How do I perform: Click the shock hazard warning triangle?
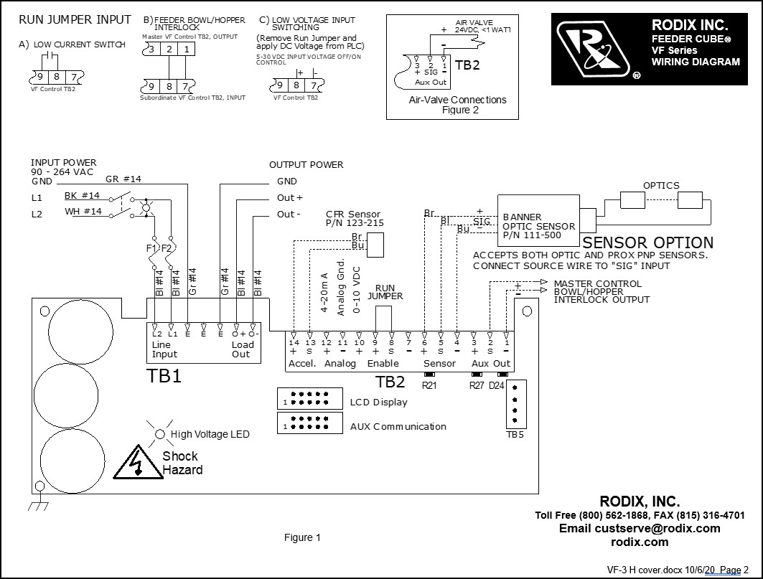[x=139, y=462]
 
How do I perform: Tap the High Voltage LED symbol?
[x=159, y=434]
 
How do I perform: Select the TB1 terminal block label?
[x=164, y=376]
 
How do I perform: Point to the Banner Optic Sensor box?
[x=538, y=220]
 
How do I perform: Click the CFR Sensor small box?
[x=375, y=245]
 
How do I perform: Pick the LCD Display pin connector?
[x=310, y=398]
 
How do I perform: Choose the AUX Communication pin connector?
[x=310, y=423]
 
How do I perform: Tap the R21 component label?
[x=429, y=385]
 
